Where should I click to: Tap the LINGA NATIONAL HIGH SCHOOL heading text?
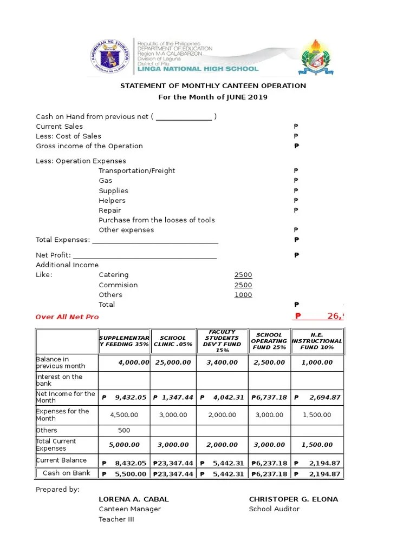tap(198, 69)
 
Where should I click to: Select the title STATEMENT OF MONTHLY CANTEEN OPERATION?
tap(213, 86)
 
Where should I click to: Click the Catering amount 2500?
tap(243, 275)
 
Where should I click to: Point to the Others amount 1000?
tap(243, 295)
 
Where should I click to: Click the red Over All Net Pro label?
tap(67, 317)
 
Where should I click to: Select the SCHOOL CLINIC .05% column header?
tap(173, 341)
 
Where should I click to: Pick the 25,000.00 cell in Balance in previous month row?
tap(173, 362)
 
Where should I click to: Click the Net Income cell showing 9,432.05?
tap(124, 398)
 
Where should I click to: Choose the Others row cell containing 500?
tap(124, 431)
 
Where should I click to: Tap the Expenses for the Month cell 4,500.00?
tap(124, 415)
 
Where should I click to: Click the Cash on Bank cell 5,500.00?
tap(124, 474)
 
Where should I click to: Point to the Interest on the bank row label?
tap(59, 380)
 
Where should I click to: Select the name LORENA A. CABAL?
tap(133, 499)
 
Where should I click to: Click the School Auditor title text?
tap(274, 509)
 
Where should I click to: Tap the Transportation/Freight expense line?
tap(136, 171)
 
